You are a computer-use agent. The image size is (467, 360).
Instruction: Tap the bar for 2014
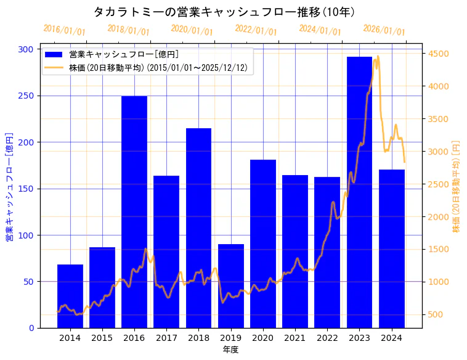70,296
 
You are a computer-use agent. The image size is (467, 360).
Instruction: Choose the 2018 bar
198,228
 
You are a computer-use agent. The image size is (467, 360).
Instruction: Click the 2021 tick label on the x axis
295,338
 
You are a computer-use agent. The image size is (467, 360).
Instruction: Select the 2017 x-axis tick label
166,338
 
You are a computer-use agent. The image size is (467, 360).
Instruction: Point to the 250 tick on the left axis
26,96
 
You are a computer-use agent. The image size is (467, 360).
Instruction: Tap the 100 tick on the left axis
26,235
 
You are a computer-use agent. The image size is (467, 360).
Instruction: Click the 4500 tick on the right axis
439,54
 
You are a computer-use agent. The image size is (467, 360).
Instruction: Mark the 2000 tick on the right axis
439,217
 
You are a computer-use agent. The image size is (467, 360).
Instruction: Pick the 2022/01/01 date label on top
256,30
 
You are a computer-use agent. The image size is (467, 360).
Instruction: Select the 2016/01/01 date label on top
65,30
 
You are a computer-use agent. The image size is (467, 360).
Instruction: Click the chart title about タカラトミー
224,12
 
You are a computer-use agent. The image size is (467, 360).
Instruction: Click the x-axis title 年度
230,350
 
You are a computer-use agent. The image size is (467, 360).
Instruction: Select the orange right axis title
457,186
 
